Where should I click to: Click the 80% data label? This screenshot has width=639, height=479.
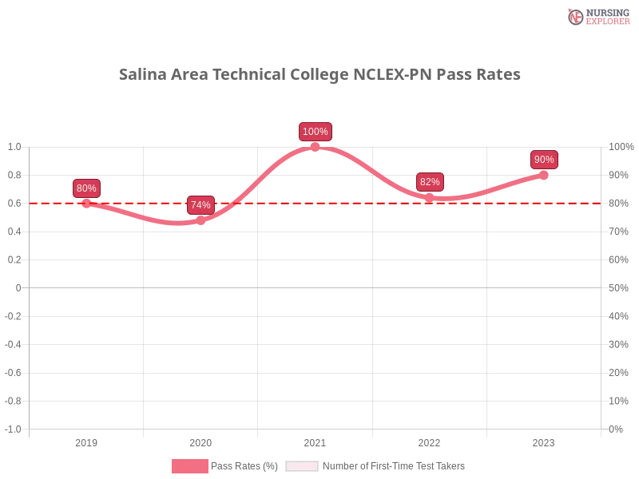pyautogui.click(x=85, y=188)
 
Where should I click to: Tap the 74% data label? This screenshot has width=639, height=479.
pyautogui.click(x=200, y=205)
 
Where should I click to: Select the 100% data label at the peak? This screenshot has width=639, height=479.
pyautogui.click(x=315, y=132)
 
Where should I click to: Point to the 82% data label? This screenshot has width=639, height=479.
pyautogui.click(x=430, y=182)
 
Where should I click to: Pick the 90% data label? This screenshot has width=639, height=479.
pyautogui.click(x=544, y=160)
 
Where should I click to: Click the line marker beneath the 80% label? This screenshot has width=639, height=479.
pyautogui.click(x=85, y=203)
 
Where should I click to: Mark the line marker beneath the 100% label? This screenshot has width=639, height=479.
pyautogui.click(x=315, y=146)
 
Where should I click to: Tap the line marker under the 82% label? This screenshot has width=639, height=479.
pyautogui.click(x=430, y=196)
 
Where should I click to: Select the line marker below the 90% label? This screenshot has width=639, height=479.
pyautogui.click(x=545, y=174)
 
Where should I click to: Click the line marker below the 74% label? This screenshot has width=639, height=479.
pyautogui.click(x=200, y=220)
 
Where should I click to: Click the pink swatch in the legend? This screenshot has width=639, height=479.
pyautogui.click(x=189, y=466)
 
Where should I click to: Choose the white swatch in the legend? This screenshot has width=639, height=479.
pyautogui.click(x=302, y=466)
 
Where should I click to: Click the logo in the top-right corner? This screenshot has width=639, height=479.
pyautogui.click(x=597, y=16)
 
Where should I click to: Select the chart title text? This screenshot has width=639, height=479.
pyautogui.click(x=319, y=75)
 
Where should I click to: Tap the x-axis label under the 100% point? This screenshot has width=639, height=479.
pyautogui.click(x=314, y=441)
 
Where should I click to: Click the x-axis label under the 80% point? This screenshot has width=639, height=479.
pyautogui.click(x=85, y=441)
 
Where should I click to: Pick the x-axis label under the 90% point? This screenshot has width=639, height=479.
pyautogui.click(x=543, y=441)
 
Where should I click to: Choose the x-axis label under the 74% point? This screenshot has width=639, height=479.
pyautogui.click(x=200, y=441)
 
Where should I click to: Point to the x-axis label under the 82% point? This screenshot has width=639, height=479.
pyautogui.click(x=429, y=441)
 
